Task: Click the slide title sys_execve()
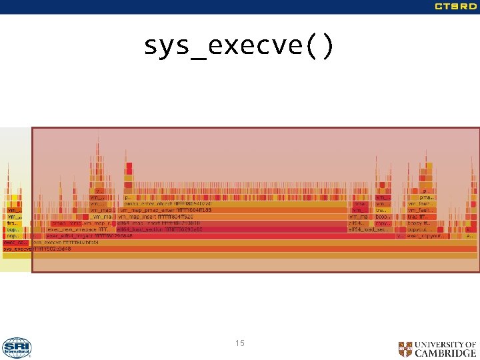tap(238, 47)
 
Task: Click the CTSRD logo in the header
tap(455, 7)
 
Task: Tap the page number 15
tap(240, 343)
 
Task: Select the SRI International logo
tap(17, 347)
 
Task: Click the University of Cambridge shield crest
tap(405, 349)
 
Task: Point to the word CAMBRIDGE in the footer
tap(446, 353)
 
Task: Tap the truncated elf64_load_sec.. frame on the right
tap(367, 229)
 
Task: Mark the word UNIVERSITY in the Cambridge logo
tap(445, 344)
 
